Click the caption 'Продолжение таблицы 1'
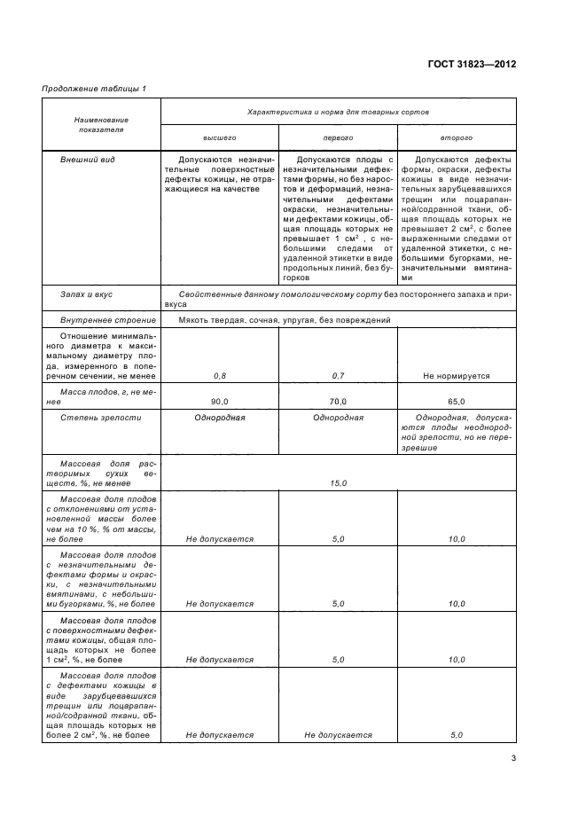click(94, 87)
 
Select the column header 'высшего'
click(220, 138)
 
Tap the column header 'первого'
click(338, 138)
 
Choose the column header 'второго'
click(456, 138)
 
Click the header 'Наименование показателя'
click(100, 124)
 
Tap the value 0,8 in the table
click(220, 377)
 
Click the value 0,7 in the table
click(338, 377)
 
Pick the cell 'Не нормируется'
click(456, 377)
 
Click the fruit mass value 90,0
click(220, 401)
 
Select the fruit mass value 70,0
click(338, 401)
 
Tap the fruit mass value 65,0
click(456, 401)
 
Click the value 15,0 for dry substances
click(338, 482)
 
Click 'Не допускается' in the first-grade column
click(338, 735)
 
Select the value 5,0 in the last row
click(456, 735)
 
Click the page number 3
click(513, 758)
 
